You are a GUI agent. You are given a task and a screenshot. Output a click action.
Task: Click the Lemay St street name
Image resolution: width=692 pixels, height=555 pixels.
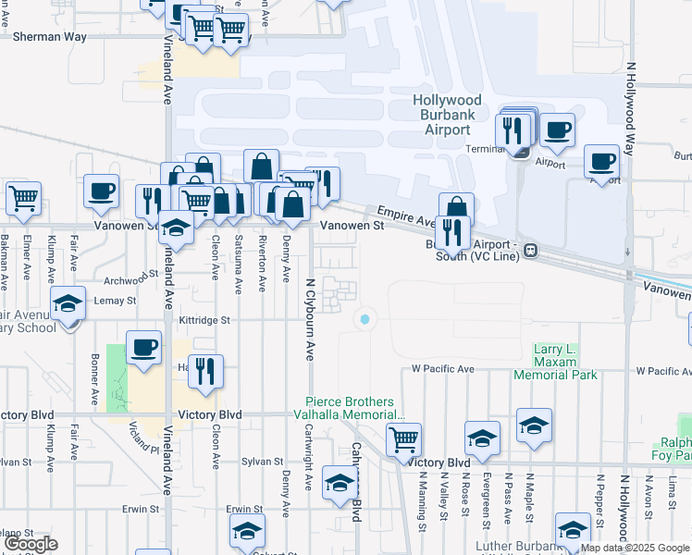tap(116, 301)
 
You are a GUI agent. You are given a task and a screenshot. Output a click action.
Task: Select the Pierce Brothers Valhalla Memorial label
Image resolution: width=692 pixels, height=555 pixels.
tap(356, 409)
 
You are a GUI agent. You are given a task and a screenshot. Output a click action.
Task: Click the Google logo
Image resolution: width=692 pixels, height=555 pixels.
tap(30, 544)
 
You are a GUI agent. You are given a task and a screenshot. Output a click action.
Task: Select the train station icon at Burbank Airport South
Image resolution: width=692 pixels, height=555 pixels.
tap(531, 250)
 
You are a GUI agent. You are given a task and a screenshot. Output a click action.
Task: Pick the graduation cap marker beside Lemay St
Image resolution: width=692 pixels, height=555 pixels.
tap(67, 304)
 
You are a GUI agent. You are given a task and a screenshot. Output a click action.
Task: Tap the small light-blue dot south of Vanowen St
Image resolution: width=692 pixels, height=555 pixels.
tap(365, 319)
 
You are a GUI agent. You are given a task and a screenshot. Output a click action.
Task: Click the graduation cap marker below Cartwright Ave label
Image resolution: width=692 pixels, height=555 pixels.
tap(340, 483)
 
